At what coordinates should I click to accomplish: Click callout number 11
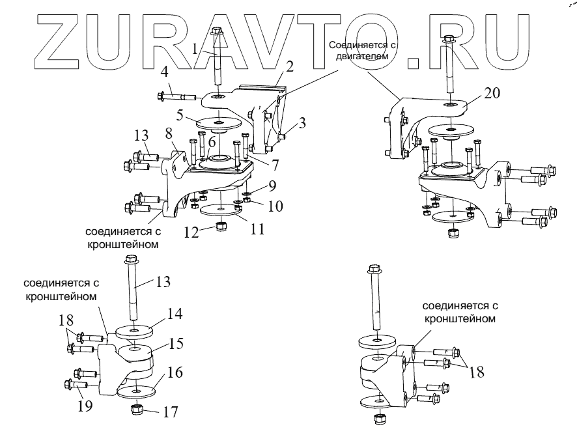[259, 229]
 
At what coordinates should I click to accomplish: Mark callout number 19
[84, 407]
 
